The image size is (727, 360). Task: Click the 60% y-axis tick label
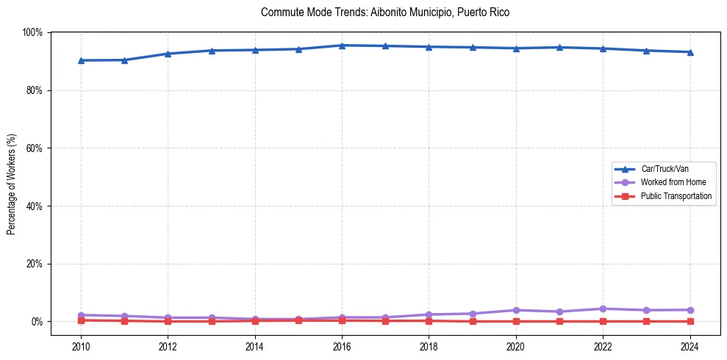tap(34, 148)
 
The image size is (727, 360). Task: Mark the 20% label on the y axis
tap(34, 264)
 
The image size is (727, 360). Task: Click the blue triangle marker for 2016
tap(342, 46)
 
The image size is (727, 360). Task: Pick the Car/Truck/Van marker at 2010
tap(81, 60)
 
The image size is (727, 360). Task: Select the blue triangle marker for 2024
tap(690, 52)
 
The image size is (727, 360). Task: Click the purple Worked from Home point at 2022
tap(603, 309)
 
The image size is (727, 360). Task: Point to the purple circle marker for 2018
tap(429, 314)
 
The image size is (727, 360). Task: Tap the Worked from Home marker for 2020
tap(516, 310)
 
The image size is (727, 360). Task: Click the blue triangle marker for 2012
tap(168, 54)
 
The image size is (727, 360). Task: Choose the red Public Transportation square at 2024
tap(690, 321)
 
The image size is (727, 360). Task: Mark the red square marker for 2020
tap(516, 321)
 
